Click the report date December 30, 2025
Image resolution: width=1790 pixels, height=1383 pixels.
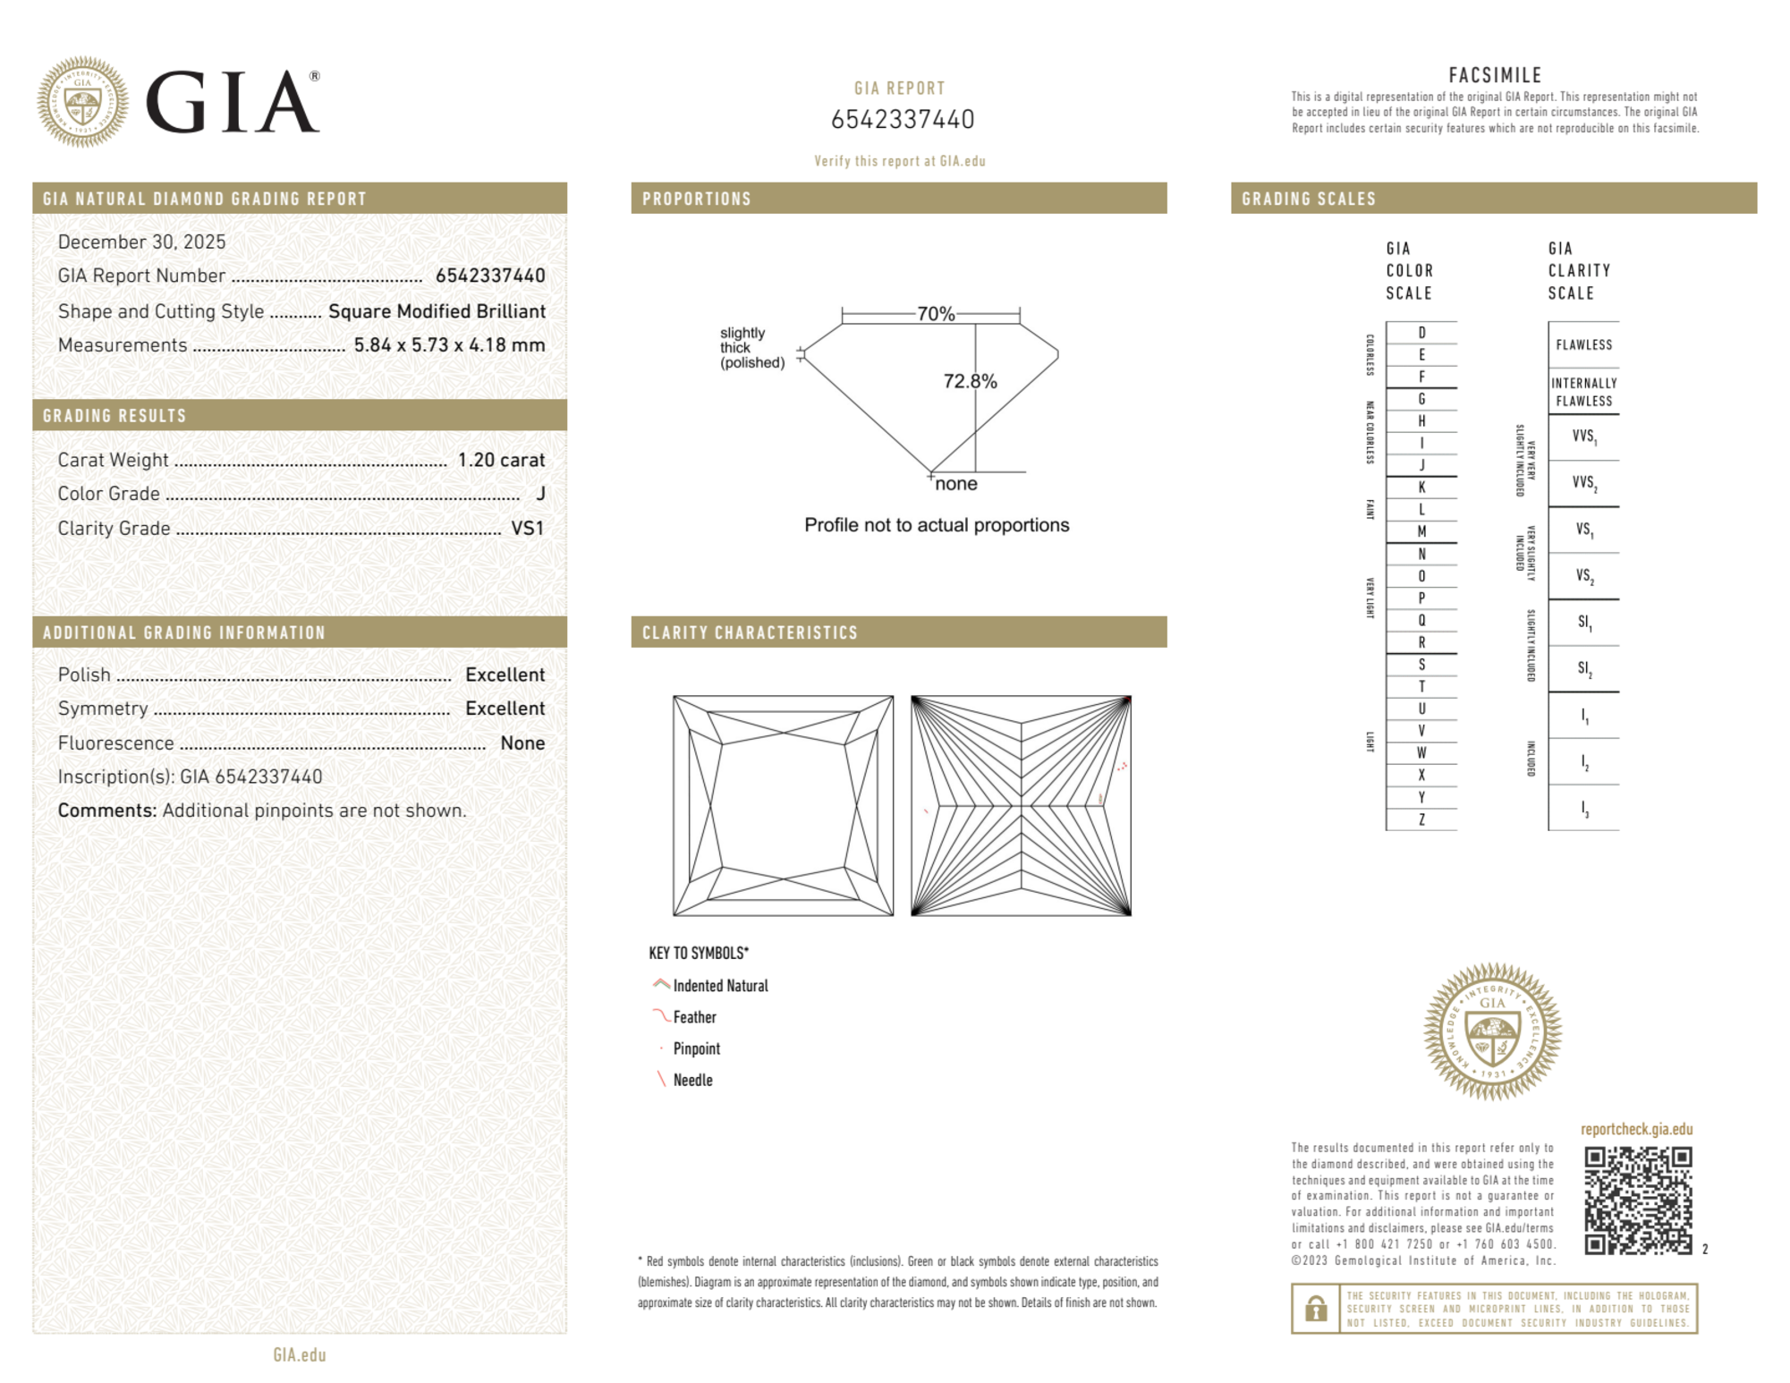pos(141,242)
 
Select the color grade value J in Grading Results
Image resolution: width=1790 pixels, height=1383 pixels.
pos(540,494)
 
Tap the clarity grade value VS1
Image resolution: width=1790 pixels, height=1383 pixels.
pos(527,529)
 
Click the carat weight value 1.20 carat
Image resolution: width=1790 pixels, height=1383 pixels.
pos(501,460)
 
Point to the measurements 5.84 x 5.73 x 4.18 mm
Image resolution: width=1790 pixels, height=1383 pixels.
pos(449,345)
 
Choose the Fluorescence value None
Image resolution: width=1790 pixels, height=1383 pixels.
pos(522,743)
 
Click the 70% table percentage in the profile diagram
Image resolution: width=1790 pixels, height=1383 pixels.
pos(936,314)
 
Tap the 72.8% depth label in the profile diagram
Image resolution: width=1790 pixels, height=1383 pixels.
pos(970,381)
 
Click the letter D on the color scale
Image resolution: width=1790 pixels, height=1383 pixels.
pos(1421,333)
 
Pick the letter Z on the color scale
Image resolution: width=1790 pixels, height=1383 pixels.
pos(1421,819)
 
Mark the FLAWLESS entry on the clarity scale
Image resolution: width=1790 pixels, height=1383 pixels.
pos(1583,345)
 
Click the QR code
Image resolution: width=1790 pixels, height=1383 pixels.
pos(1638,1201)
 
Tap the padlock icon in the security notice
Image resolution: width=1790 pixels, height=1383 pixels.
pos(1316,1309)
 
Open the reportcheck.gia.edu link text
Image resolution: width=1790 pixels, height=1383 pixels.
pos(1636,1129)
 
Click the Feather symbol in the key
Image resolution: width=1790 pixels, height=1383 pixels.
pos(661,1016)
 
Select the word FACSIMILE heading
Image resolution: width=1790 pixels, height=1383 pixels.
pos(1495,75)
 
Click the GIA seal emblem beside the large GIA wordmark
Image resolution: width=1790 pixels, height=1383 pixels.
pos(82,102)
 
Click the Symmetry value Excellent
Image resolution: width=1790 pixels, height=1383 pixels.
pos(505,708)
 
